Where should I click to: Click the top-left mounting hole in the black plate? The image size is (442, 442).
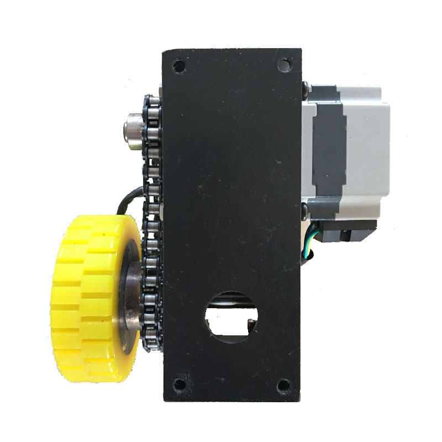[x=178, y=66]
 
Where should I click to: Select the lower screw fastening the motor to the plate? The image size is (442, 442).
[x=305, y=210]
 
